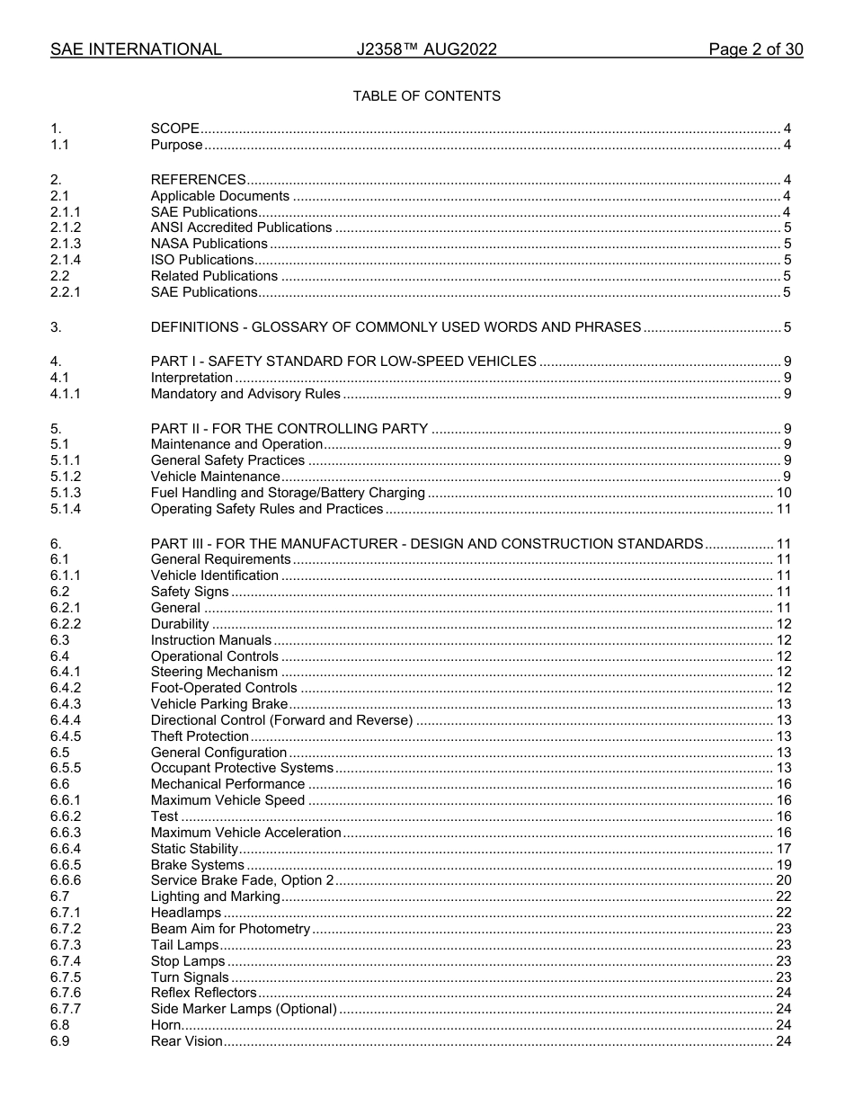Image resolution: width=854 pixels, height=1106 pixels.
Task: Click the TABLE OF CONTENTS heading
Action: pyautogui.click(x=426, y=96)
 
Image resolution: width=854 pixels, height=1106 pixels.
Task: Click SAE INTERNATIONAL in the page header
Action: pyautogui.click(x=136, y=50)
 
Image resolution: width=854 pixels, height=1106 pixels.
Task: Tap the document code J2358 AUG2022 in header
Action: pyautogui.click(x=426, y=50)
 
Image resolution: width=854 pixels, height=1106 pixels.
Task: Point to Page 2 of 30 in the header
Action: pyautogui.click(x=755, y=50)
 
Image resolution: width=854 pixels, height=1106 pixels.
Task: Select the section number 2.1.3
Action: pyautogui.click(x=66, y=244)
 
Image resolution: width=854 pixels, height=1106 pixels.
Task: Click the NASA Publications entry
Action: pyautogui.click(x=209, y=244)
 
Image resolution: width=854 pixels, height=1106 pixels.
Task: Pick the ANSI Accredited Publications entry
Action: pyautogui.click(x=241, y=227)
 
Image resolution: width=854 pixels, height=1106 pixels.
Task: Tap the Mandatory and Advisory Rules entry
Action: pyautogui.click(x=245, y=394)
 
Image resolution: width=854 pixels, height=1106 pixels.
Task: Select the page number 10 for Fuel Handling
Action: pyautogui.click(x=783, y=493)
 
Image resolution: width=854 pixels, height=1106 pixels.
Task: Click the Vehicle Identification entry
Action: pyautogui.click(x=214, y=575)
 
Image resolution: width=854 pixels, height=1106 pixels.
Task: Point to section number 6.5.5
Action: pyautogui.click(x=66, y=768)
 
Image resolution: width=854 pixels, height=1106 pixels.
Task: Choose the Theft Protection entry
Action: pyautogui.click(x=200, y=736)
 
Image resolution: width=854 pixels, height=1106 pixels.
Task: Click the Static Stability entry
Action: pyautogui.click(x=194, y=849)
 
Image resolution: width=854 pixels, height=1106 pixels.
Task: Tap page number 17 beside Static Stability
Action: pyautogui.click(x=783, y=849)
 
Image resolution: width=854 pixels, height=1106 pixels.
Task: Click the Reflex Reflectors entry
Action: pyautogui.click(x=203, y=993)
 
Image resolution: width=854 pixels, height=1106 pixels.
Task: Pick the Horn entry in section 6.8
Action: pyautogui.click(x=165, y=1025)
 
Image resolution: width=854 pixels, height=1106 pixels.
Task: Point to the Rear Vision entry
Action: pyautogui.click(x=186, y=1041)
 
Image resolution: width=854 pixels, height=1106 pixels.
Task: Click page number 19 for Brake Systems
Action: pyautogui.click(x=783, y=865)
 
